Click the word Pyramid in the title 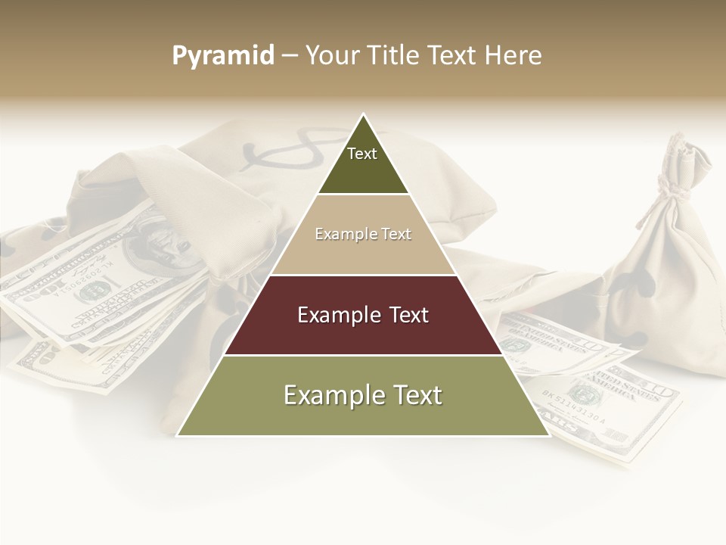point(223,55)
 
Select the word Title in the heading point(396,55)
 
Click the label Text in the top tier point(362,154)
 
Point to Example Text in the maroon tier point(363,315)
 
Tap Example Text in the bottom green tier point(363,395)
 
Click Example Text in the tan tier point(363,234)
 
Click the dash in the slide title point(290,55)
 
